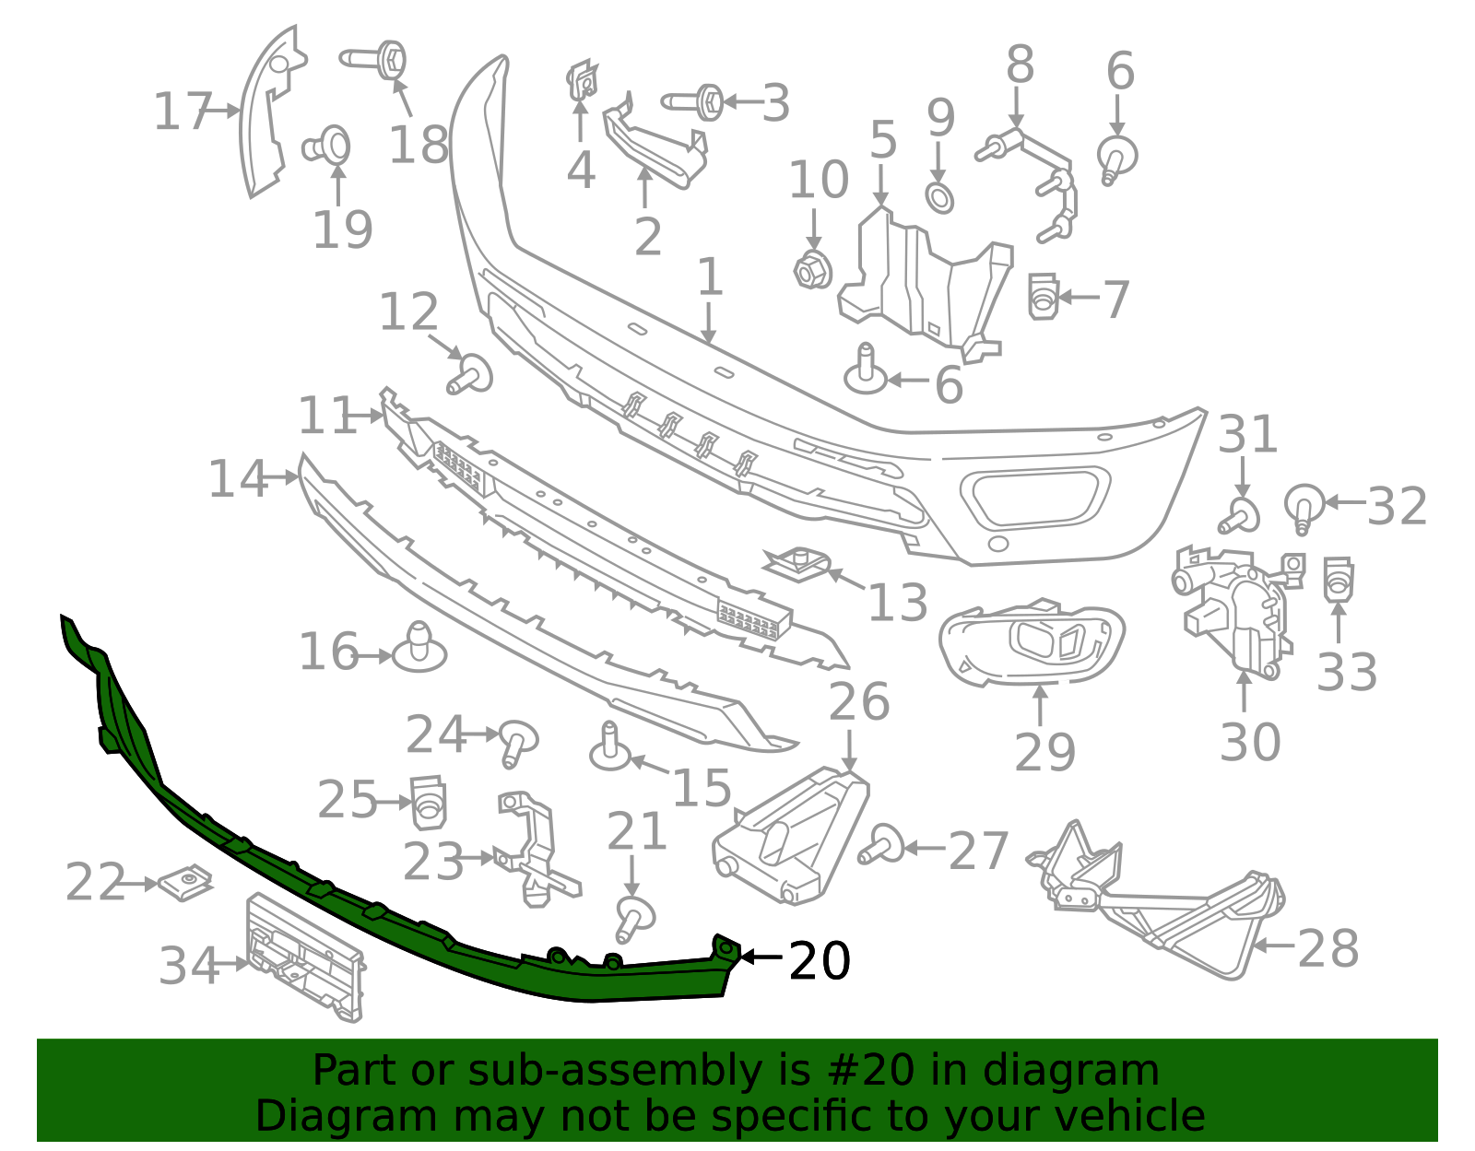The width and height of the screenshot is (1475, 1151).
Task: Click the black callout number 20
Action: pos(820,961)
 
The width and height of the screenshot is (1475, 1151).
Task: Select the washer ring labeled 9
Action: pos(939,197)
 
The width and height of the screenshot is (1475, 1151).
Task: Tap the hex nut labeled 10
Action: pos(813,270)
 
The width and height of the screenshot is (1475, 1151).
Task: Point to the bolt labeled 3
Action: pos(696,101)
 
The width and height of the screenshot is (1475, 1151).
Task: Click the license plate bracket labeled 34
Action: pos(304,958)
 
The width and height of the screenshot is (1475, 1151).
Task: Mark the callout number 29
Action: pos(1044,752)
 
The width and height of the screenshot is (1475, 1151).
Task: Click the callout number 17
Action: pos(183,112)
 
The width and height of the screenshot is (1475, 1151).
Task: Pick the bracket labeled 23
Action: pos(535,848)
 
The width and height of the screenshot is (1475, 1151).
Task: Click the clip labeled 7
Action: pos(1043,297)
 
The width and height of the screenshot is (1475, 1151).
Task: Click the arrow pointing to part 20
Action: pos(761,957)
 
